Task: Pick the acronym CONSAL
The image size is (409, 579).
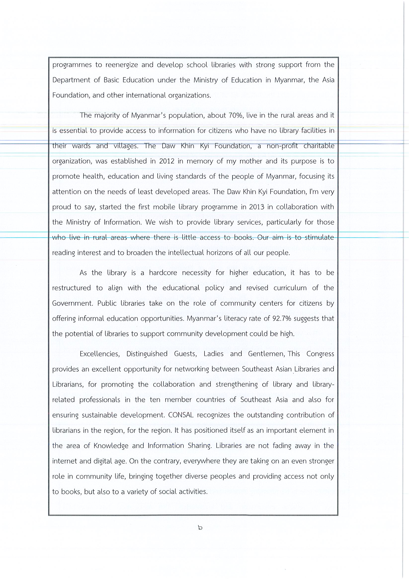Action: tap(181, 415)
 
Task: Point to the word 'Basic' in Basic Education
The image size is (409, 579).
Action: tap(112, 80)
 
